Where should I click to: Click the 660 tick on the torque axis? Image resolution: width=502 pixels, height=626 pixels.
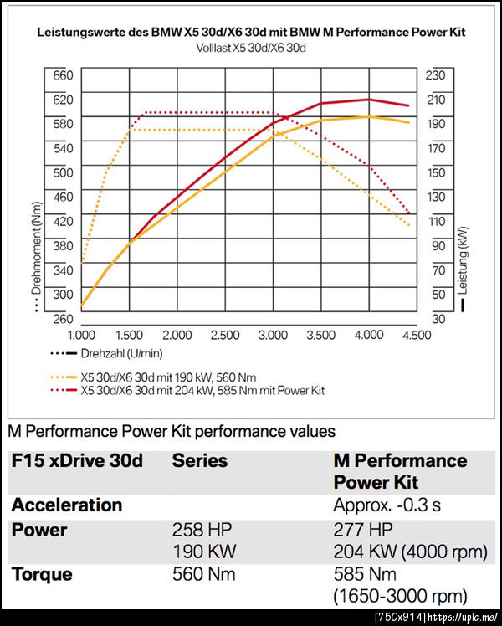(64, 75)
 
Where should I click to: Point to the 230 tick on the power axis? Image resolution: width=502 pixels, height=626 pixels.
(435, 75)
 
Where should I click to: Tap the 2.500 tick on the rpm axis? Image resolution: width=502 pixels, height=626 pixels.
(226, 335)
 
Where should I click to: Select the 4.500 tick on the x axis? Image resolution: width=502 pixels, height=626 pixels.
(415, 335)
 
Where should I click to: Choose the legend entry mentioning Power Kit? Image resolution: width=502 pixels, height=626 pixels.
(202, 390)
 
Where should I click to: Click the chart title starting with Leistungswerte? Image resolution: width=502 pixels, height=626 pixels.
(251, 33)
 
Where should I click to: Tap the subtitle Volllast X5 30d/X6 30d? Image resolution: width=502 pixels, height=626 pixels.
(251, 48)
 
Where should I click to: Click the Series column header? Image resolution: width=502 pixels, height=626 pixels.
(199, 461)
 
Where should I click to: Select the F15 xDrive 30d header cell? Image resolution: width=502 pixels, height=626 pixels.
(77, 461)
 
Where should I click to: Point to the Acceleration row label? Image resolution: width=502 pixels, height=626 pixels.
(67, 505)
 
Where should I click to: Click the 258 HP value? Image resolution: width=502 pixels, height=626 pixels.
(198, 531)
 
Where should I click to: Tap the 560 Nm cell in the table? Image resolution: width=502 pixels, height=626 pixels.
(203, 575)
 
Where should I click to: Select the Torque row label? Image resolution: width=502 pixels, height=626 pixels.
(42, 575)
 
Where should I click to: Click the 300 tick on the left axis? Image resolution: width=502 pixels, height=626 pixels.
(64, 295)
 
